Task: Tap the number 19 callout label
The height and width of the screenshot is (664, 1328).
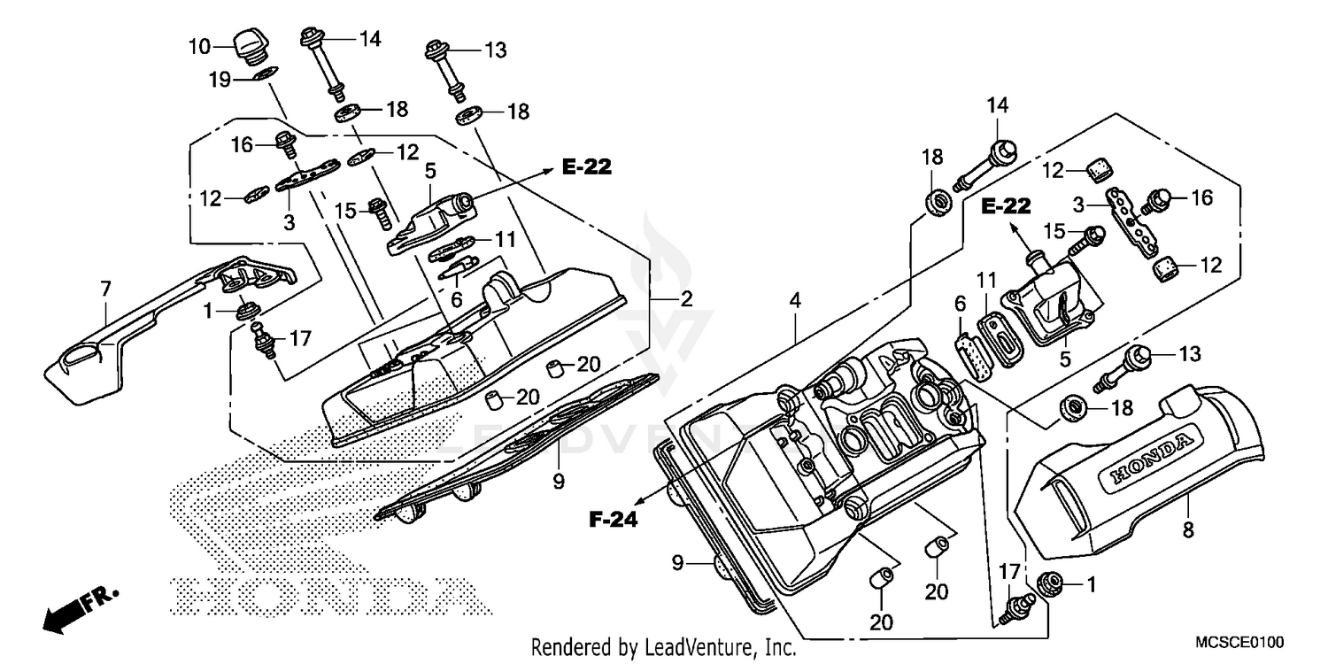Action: (220, 81)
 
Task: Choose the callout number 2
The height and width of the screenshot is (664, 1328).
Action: (686, 299)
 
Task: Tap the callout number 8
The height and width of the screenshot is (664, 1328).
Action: (1187, 529)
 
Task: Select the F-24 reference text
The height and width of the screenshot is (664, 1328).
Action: (614, 520)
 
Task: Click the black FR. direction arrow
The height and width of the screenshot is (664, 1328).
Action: (62, 613)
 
